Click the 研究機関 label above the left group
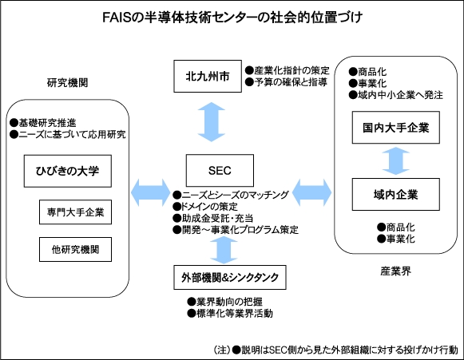click(66, 82)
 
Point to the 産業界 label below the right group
click(395, 271)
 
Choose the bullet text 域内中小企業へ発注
click(400, 96)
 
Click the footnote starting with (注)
click(336, 350)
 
